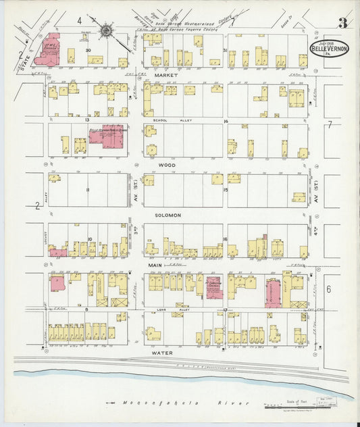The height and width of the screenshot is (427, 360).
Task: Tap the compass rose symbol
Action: tap(107, 30)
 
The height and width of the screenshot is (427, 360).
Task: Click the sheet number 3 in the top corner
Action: tap(343, 24)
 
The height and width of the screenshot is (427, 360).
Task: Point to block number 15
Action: tap(225, 190)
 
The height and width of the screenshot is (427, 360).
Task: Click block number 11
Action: tap(87, 190)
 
